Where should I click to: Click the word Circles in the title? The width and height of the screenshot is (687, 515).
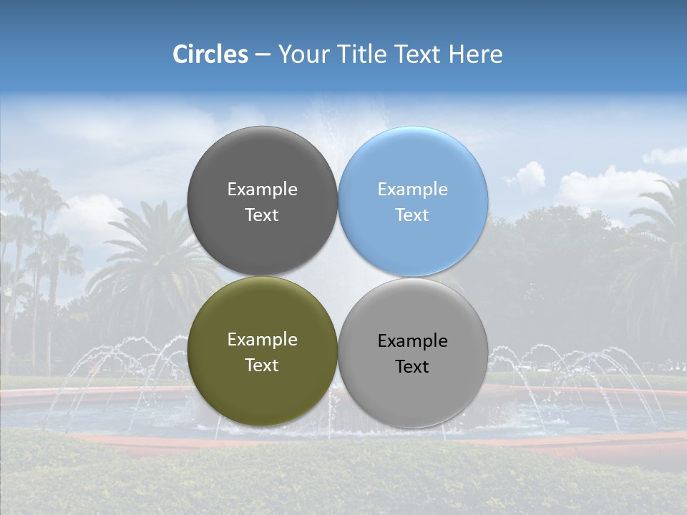[x=210, y=54]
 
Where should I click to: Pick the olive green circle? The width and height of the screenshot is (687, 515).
[x=263, y=386]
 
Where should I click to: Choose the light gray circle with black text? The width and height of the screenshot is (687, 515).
[x=413, y=390]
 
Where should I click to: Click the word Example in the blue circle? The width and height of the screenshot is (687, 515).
[x=413, y=190]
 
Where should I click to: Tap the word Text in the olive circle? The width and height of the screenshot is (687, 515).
[x=262, y=366]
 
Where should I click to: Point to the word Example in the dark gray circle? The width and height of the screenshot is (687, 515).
[x=263, y=190]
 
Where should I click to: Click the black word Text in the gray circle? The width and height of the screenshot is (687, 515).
[x=412, y=367]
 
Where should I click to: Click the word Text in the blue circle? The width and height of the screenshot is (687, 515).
[x=412, y=215]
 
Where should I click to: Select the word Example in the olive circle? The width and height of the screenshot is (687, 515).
[x=263, y=340]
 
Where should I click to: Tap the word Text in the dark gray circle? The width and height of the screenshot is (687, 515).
[x=262, y=215]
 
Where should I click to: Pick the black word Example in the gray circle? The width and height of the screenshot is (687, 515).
[x=413, y=341]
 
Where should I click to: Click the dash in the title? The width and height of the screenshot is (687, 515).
[x=263, y=55]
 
